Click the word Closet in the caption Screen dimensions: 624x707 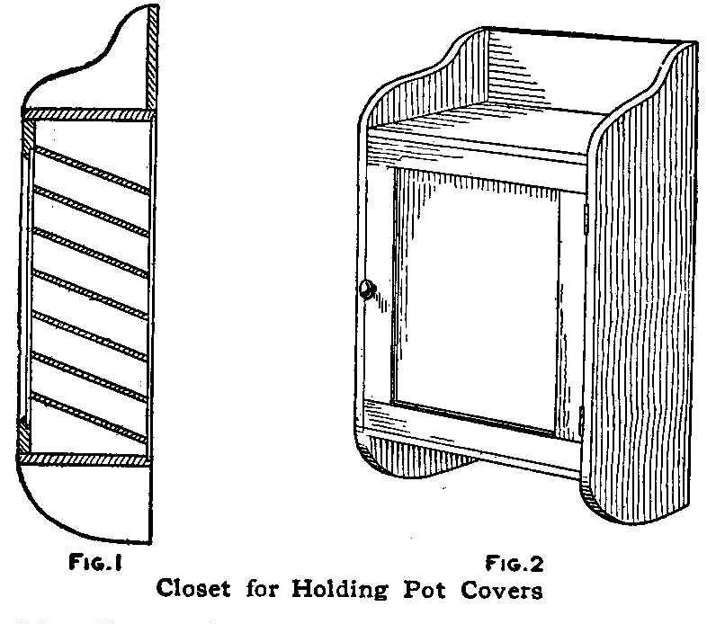(x=199, y=591)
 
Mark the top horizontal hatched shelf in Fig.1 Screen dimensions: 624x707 (x=88, y=115)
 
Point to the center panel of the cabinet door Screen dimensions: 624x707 (x=477, y=297)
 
